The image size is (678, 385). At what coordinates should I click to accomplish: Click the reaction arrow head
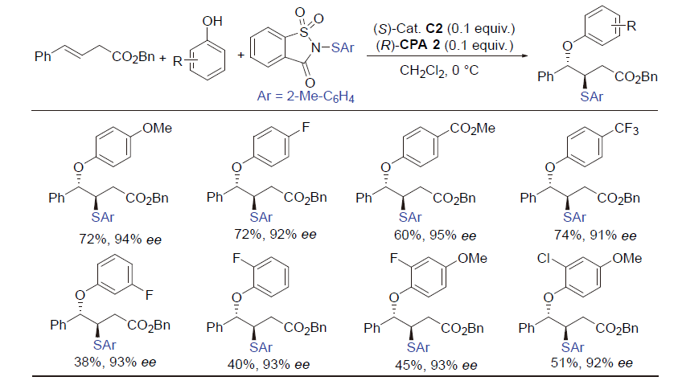pos(525,55)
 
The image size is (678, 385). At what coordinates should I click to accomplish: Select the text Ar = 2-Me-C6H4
pos(306,96)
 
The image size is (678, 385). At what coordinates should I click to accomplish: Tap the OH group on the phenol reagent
pos(212,21)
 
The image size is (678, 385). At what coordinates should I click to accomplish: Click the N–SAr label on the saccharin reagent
pos(332,47)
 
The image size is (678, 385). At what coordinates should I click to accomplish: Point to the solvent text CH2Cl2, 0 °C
pos(439,71)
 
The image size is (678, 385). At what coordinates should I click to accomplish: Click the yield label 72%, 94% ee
pos(120,240)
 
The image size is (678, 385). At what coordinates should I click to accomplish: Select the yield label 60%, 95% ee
pos(435,236)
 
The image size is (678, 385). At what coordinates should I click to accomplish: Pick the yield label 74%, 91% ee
pos(595,236)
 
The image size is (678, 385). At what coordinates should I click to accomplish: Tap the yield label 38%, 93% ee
pos(115,362)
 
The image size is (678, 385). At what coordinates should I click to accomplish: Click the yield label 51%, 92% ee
pos(591,363)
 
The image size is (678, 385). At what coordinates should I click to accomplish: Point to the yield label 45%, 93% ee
pos(436,365)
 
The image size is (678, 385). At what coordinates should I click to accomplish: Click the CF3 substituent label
pos(627,129)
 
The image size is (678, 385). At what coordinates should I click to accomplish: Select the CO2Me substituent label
pos(472,129)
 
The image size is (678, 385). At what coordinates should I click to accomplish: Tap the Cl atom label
pos(543,258)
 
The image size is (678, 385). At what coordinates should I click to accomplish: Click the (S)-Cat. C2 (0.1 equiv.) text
pos(444,29)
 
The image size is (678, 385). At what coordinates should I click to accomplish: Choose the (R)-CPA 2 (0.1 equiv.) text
pos(444,45)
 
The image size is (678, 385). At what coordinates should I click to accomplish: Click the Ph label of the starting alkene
pos(43,56)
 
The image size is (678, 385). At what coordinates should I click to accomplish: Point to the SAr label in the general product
pos(591,96)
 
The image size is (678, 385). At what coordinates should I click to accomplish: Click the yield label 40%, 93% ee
pos(269,365)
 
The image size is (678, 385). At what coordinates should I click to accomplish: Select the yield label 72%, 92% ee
pos(275,234)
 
